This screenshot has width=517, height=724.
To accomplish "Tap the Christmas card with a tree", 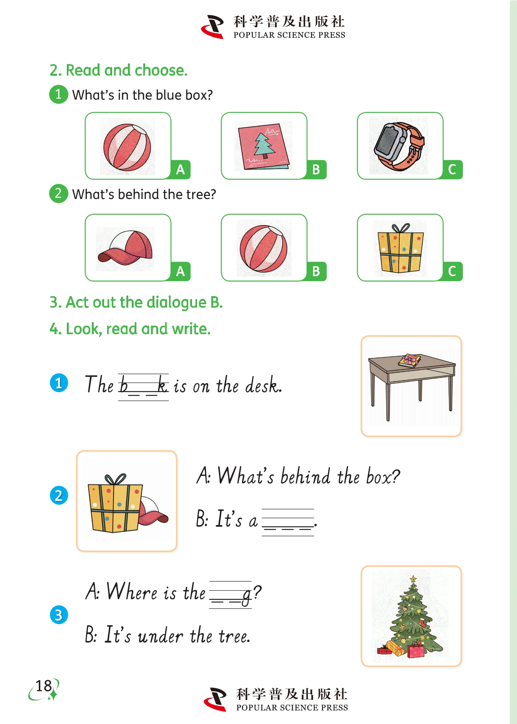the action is tap(264, 146).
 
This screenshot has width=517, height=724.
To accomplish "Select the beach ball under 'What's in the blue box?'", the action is tap(127, 147).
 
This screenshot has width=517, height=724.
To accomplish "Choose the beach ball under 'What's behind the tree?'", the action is tap(263, 249).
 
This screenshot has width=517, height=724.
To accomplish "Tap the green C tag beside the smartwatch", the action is tap(452, 169).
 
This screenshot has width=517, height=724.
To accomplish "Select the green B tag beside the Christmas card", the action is tap(316, 169).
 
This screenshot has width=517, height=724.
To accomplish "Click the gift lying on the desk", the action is tap(410, 360).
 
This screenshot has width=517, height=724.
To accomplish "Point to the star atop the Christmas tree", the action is tap(413, 579).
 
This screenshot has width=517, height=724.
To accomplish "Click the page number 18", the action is tap(43, 686).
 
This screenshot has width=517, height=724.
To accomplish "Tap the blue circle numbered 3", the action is tap(59, 615).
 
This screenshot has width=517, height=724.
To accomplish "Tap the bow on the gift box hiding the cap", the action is tap(115, 479).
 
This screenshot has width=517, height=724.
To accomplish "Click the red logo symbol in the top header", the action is tap(213, 27).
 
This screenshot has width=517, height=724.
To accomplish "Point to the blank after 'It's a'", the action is tap(288, 522).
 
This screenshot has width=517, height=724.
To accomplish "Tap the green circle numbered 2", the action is tap(58, 193).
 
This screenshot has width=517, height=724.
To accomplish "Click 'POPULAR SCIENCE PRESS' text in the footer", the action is tap(292, 707).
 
